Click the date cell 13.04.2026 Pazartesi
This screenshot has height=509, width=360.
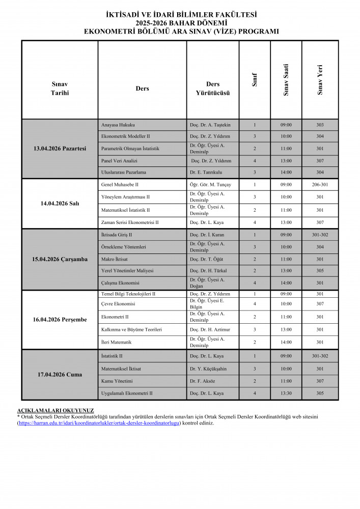[x=60, y=148]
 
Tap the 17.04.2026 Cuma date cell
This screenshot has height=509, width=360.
[x=60, y=375]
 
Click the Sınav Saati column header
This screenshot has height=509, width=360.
[x=286, y=80]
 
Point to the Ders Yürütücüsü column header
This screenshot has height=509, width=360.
[x=213, y=89]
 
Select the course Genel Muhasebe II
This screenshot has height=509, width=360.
[x=120, y=185]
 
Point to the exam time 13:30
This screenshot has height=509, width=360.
[x=286, y=393]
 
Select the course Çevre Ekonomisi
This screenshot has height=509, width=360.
[x=118, y=304]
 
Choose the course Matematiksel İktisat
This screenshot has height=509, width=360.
[x=121, y=369]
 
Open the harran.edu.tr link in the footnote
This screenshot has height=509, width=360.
[x=99, y=423]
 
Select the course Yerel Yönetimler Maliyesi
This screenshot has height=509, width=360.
[x=127, y=271]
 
